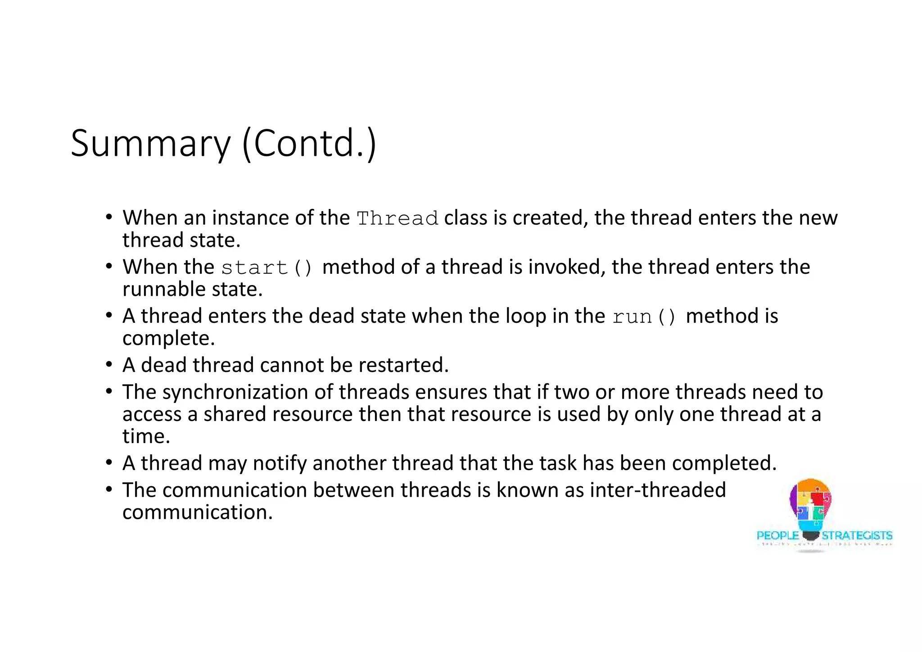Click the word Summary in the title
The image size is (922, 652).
(x=150, y=144)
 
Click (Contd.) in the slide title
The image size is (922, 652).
(x=309, y=143)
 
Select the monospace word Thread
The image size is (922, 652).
(x=397, y=219)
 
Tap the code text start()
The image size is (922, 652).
(x=267, y=268)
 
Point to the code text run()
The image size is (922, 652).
(x=644, y=317)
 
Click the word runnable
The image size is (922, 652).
(x=164, y=289)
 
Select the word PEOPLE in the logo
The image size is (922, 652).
(x=777, y=536)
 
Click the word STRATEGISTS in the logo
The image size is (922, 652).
(x=857, y=536)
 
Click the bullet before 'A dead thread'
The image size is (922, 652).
(x=109, y=364)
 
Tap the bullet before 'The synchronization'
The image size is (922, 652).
(x=109, y=391)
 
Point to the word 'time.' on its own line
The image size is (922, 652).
(x=146, y=436)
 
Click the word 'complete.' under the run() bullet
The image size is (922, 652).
(x=168, y=339)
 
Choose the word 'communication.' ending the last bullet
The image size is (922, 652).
(x=197, y=512)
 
